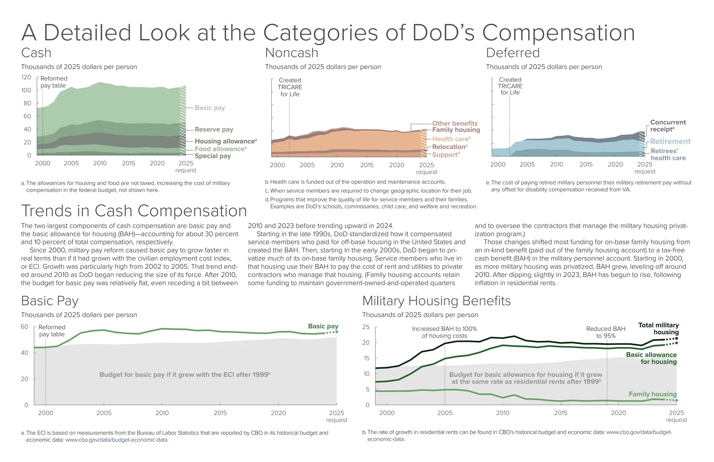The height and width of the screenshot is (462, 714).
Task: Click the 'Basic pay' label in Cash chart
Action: (x=210, y=108)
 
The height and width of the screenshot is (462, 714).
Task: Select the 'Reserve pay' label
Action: (x=214, y=129)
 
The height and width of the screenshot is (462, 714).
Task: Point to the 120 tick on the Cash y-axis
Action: (x=26, y=77)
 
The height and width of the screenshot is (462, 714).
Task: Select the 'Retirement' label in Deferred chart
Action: (x=670, y=141)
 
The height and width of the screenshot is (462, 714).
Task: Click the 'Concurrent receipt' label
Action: (x=668, y=126)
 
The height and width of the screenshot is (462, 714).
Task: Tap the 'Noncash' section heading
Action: (x=291, y=53)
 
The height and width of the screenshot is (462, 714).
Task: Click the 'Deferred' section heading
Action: (x=512, y=53)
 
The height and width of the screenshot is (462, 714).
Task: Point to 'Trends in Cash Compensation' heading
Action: (x=134, y=211)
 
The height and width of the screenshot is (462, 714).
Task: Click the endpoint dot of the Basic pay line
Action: (x=336, y=332)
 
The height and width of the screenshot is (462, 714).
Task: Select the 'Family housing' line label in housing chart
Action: (x=652, y=394)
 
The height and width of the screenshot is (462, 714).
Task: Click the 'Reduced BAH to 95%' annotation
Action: (x=606, y=332)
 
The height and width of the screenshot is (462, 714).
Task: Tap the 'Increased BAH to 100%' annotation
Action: (x=444, y=332)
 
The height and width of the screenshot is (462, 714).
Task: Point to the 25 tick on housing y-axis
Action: (x=366, y=327)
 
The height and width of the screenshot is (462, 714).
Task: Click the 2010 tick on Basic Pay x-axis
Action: (x=162, y=413)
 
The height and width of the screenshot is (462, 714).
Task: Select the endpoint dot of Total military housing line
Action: (x=676, y=338)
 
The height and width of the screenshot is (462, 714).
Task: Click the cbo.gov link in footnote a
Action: (x=117, y=440)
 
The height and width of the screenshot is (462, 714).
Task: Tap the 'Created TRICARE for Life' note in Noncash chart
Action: (x=290, y=87)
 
